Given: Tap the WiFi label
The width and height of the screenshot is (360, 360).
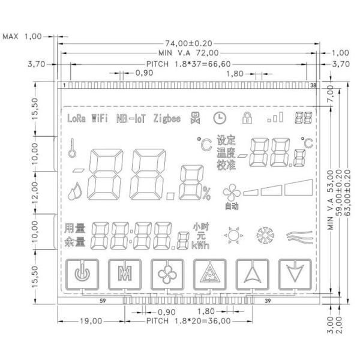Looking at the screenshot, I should [100, 118].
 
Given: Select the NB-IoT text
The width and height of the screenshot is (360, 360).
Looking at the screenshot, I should [131, 118].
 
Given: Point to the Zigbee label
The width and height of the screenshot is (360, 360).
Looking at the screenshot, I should [167, 118].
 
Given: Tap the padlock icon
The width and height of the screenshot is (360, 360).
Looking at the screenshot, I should [245, 117].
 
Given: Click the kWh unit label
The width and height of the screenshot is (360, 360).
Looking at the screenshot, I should [200, 245].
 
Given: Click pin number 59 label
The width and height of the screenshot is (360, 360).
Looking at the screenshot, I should [103, 301].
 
